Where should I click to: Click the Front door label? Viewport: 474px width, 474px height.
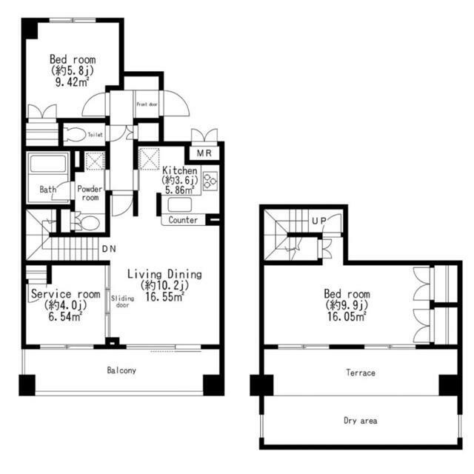coord(147,104)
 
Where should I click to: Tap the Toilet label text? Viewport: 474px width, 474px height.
coord(95,135)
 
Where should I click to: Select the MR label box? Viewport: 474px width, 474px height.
coord(204,153)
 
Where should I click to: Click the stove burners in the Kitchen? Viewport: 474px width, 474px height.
coord(210,181)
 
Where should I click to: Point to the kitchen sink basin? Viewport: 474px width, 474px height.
coord(179,205)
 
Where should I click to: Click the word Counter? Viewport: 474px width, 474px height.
coord(183,220)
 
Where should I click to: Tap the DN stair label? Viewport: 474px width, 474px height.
coord(109,249)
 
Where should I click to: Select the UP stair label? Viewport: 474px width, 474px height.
coord(319,221)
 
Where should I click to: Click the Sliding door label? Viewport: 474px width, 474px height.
coord(122,301)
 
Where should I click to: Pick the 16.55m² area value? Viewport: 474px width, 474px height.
coord(164,297)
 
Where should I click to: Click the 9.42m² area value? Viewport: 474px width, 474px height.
coord(73,81)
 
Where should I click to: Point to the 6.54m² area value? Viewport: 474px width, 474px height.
coord(65,316)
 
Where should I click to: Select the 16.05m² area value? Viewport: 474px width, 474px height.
coord(347,316)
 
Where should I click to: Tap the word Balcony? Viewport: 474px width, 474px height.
coord(121,370)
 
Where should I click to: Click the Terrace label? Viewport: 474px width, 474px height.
coord(361,373)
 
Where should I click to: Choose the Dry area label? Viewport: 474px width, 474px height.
coord(361,421)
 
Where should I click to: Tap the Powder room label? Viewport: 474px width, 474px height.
coord(90,193)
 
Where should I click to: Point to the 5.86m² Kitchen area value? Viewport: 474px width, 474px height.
coord(179,190)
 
